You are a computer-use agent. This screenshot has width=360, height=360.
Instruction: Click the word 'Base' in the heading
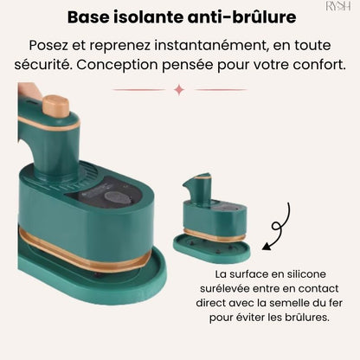pos(90,16)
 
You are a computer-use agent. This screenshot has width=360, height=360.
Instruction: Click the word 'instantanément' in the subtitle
pos(215,44)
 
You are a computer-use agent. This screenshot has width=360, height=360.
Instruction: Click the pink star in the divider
pos(179,89)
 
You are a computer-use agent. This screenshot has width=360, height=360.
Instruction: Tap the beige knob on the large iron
pos(56,106)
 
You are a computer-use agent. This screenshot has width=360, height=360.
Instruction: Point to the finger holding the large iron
pos(29,92)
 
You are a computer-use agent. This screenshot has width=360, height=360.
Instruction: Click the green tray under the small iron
pos(212,249)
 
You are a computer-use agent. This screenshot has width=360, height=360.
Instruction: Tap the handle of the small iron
pos(197,186)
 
